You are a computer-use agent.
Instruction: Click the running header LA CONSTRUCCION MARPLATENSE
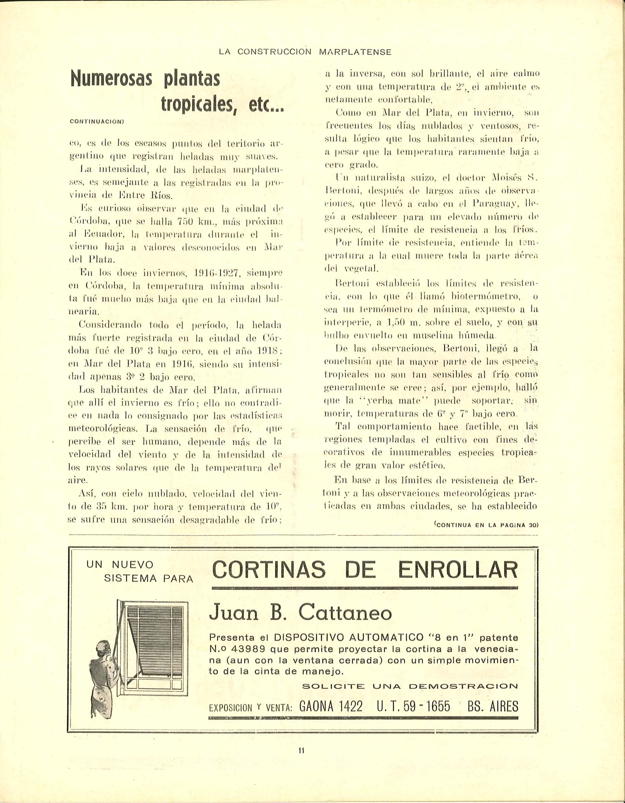click(x=305, y=52)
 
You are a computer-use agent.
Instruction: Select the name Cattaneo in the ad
click(x=345, y=612)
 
